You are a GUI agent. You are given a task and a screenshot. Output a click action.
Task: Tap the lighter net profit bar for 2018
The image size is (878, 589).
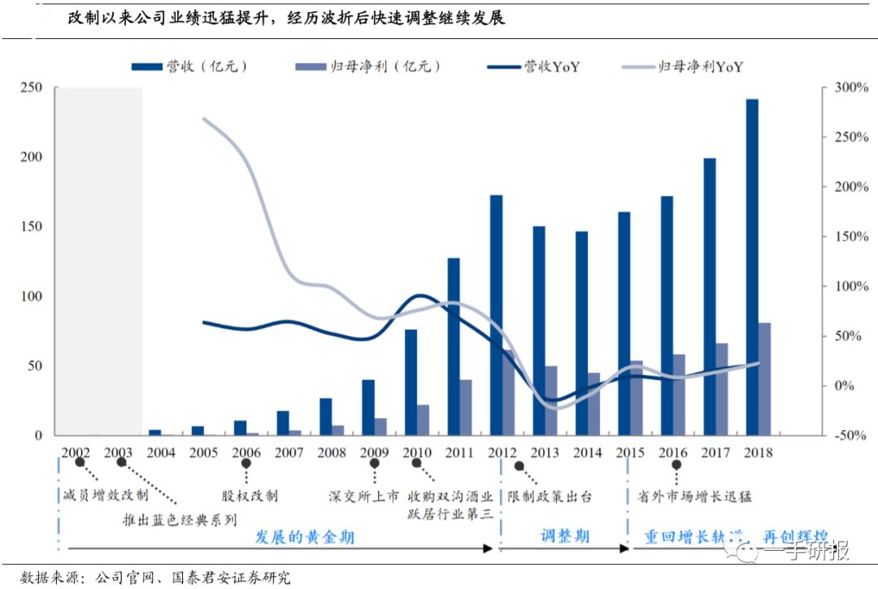765,379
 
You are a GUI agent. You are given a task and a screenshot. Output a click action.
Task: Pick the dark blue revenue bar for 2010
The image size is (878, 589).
411,382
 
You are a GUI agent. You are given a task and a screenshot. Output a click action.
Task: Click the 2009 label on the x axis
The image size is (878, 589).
374,452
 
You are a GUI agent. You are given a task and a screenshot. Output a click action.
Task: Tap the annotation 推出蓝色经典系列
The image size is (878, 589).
180,519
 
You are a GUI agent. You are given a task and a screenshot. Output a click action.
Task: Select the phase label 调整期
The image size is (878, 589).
564,537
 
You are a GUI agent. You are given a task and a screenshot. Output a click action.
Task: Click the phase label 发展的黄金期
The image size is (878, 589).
305,537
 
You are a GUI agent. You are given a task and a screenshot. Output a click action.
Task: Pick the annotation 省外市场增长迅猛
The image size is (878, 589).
685,495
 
